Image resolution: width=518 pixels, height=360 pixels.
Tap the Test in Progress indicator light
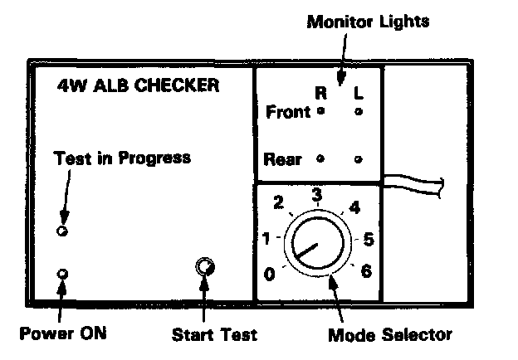coord(61,230)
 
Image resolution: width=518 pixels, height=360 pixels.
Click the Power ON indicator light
coord(61,274)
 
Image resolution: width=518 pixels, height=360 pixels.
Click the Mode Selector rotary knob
coord(316,246)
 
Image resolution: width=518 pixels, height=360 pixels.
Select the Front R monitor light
coord(321,111)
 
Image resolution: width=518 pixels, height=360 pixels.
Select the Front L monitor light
coord(358,111)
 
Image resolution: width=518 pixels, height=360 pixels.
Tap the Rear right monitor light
coord(321,158)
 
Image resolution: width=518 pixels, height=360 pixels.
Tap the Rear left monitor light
coord(358,158)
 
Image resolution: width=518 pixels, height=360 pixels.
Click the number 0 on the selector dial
coord(268,274)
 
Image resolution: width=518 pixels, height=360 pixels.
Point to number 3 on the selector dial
coord(316,194)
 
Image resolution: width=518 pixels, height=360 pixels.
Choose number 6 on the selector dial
coord(366,271)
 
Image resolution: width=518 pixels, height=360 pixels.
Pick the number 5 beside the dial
coord(369,240)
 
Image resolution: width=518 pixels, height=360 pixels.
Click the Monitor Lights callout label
coord(368,21)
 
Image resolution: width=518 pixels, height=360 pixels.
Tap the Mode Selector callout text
coord(390,335)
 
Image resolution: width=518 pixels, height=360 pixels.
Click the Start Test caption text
coord(214,335)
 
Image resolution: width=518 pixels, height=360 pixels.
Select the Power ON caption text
coord(64,334)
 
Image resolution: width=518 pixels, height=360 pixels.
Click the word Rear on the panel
coord(283,158)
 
